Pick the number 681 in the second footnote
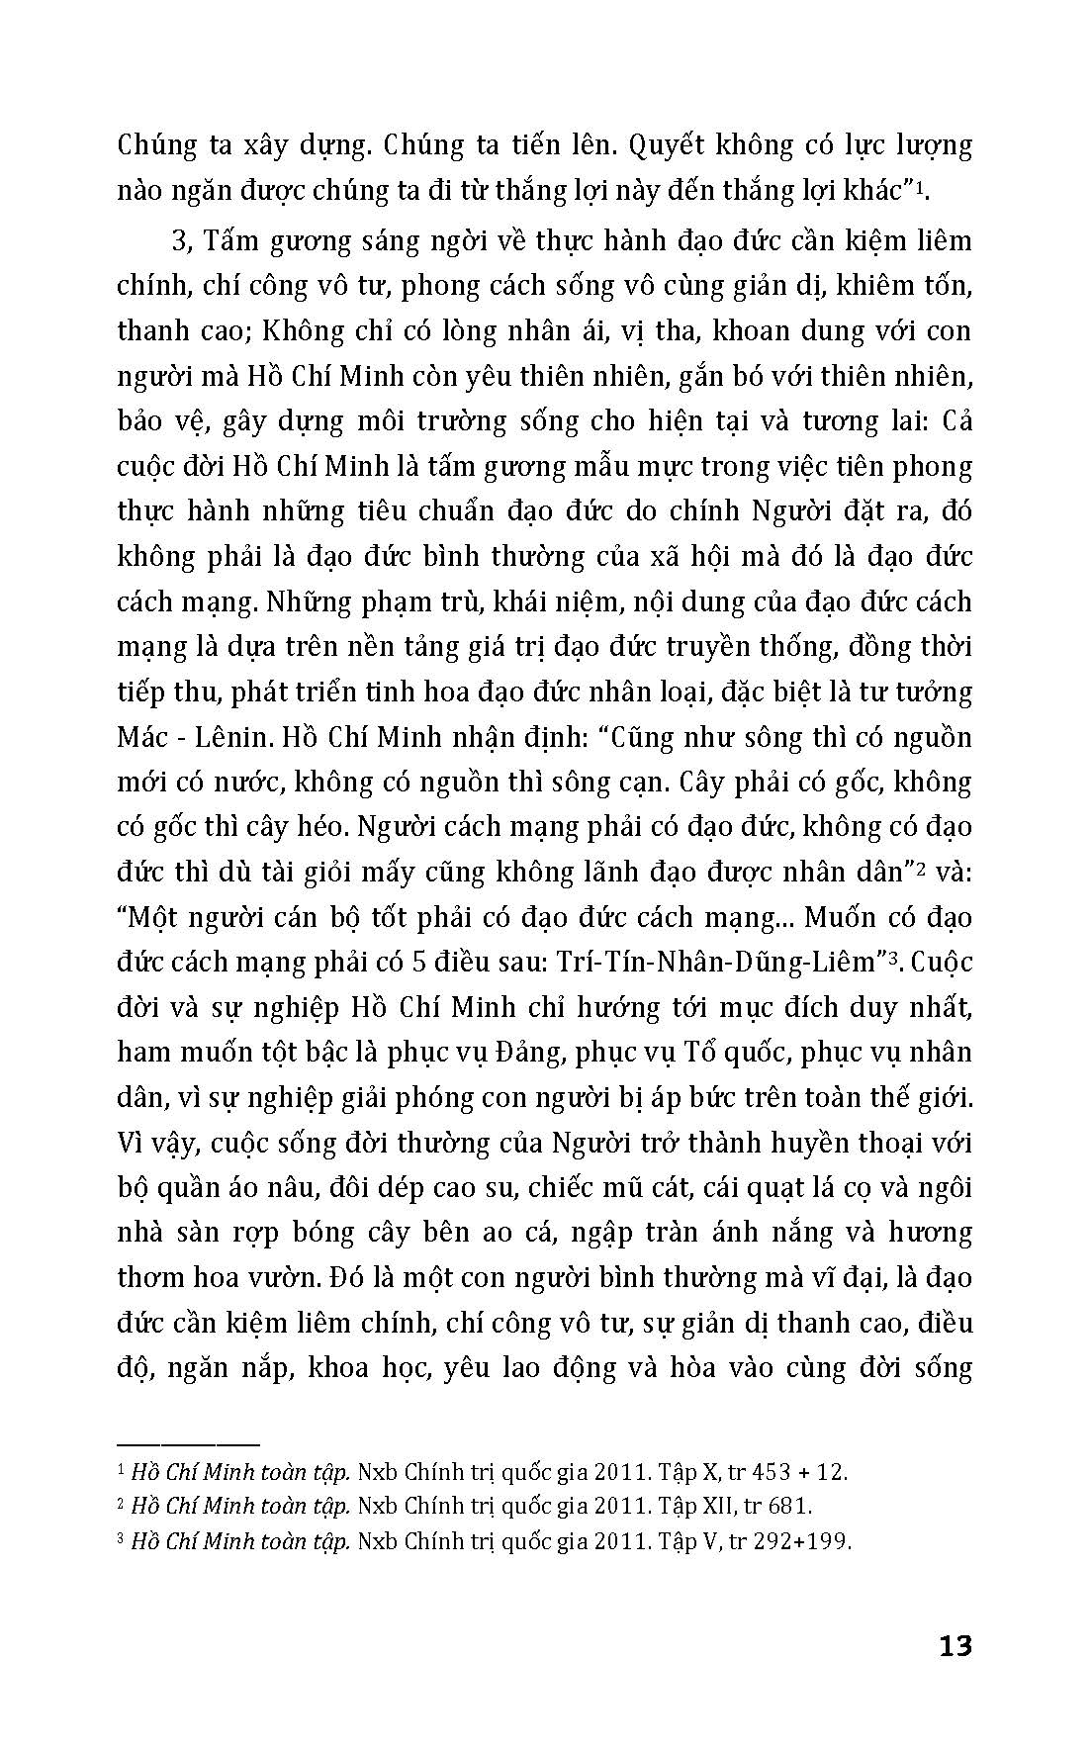click(789, 1507)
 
